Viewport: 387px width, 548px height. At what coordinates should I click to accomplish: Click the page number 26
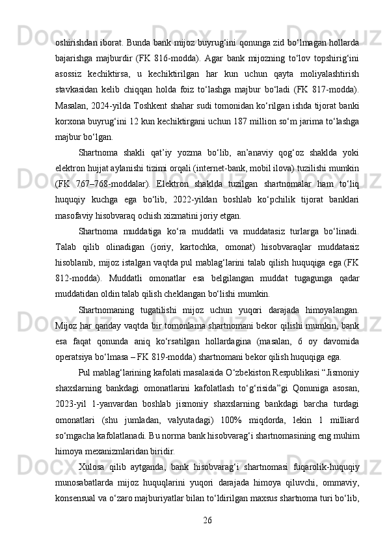point(207,519)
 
